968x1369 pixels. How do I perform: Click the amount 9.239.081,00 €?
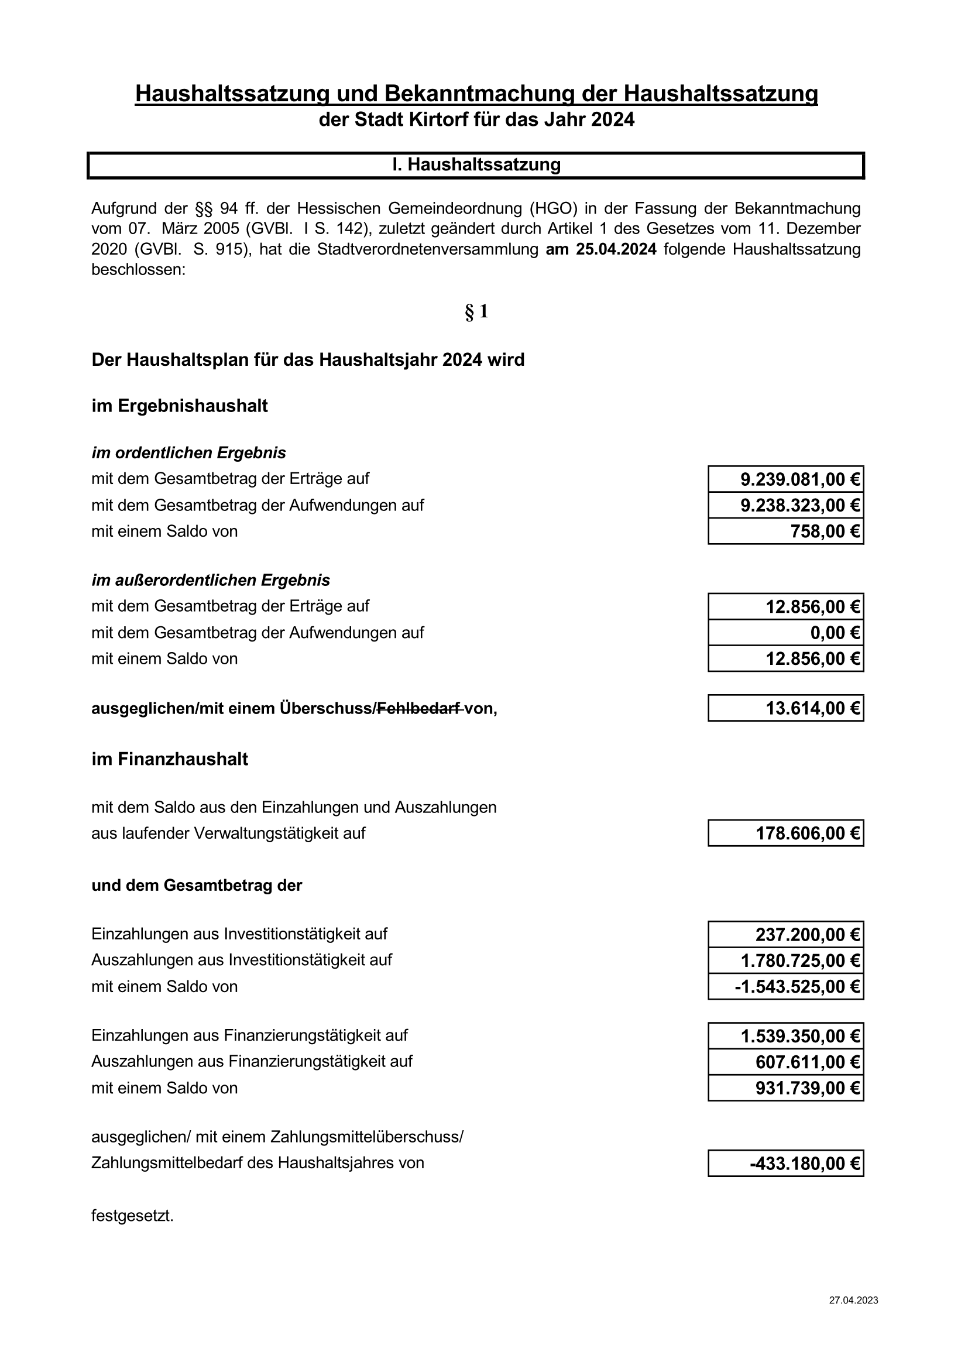(x=799, y=479)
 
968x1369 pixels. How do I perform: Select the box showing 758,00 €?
(x=825, y=531)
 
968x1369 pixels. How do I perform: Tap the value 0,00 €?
(x=835, y=633)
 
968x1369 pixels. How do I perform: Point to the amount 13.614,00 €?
(x=812, y=708)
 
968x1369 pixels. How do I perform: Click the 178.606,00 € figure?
(x=808, y=833)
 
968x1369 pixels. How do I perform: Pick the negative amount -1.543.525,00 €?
(x=797, y=987)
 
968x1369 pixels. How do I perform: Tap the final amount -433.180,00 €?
(x=805, y=1164)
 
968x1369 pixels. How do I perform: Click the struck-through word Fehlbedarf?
(x=420, y=708)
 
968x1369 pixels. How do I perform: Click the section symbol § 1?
(x=476, y=311)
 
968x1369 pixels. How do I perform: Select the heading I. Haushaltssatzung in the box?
(x=476, y=164)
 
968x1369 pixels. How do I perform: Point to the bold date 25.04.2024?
(x=616, y=249)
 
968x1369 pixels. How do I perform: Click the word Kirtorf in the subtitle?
(x=435, y=120)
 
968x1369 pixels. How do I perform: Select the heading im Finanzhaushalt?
(x=170, y=759)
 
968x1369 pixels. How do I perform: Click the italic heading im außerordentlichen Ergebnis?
(x=211, y=580)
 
